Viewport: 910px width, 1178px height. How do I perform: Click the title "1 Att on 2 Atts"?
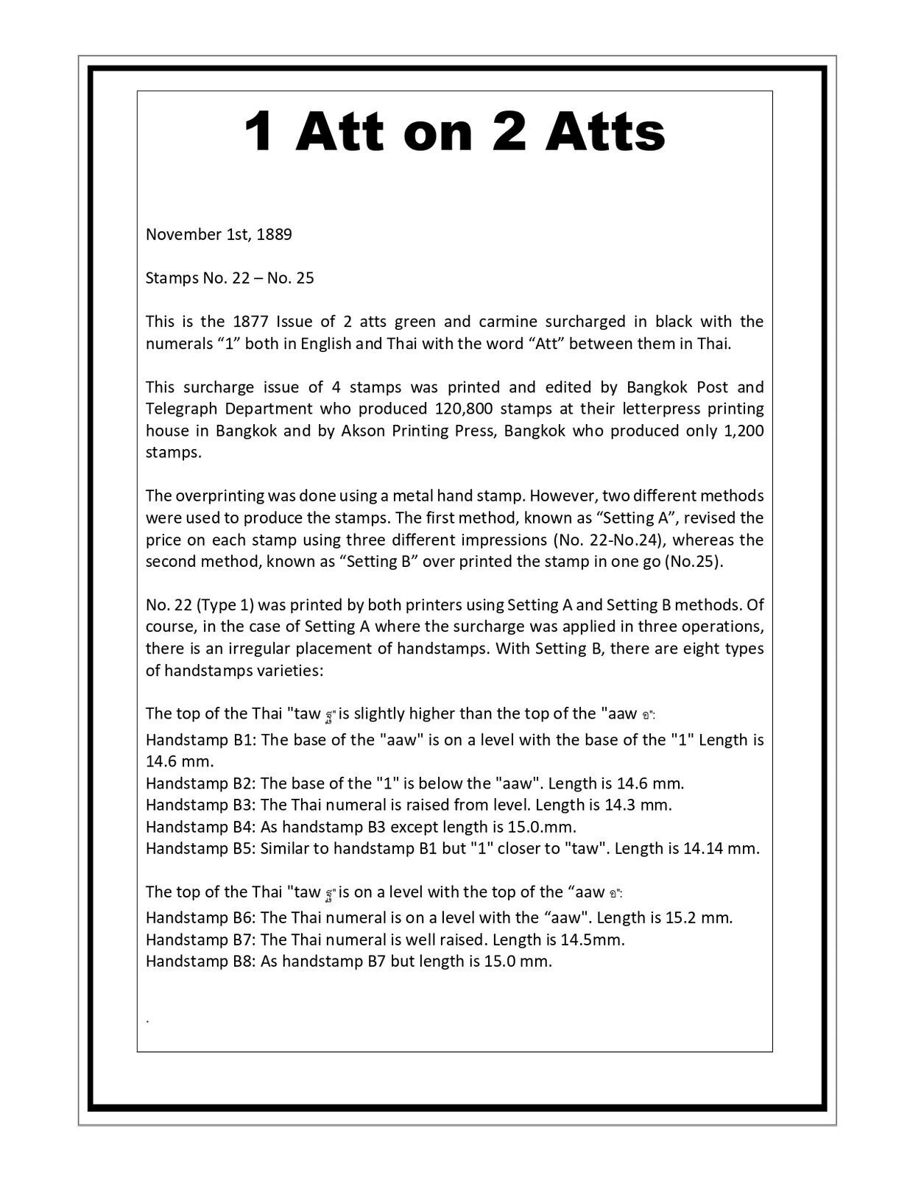point(454,133)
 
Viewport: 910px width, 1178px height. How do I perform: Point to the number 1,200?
point(744,431)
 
